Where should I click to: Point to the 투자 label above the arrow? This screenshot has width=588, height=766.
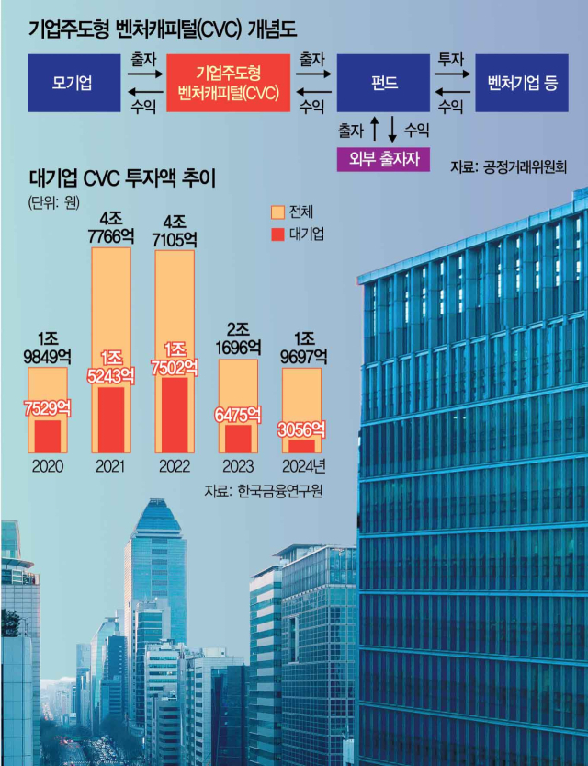point(450,58)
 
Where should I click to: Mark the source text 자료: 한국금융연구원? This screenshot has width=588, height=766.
point(267,491)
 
